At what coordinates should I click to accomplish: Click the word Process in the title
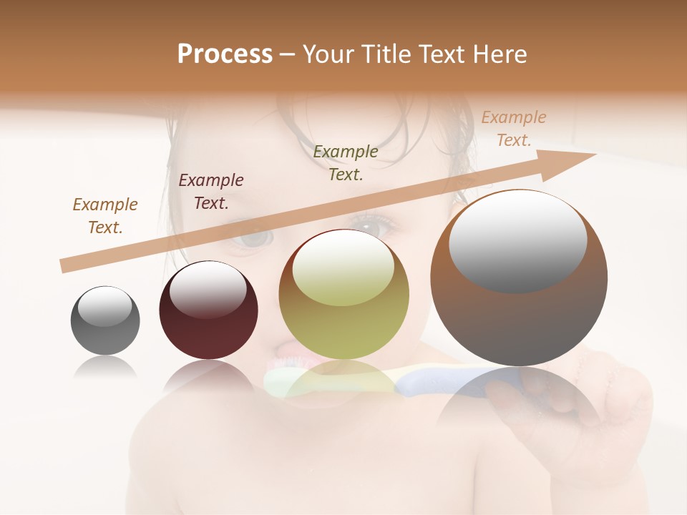(x=225, y=54)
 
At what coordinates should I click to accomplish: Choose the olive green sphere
(x=344, y=308)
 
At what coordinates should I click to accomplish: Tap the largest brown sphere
(x=519, y=315)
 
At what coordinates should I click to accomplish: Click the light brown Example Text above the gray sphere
(x=105, y=216)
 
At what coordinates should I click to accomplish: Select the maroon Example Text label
(x=211, y=192)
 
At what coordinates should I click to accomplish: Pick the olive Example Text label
(x=346, y=162)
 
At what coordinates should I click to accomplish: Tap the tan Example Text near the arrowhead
(x=514, y=129)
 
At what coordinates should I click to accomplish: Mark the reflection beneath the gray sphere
(x=105, y=368)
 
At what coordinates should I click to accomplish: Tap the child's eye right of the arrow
(x=372, y=227)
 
